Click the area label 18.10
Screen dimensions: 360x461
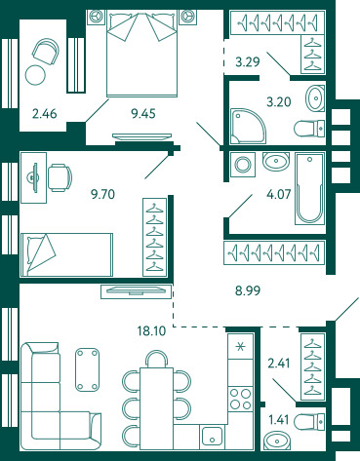click(151, 331)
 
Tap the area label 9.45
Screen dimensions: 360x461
click(143, 114)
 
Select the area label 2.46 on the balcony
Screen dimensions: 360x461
click(45, 114)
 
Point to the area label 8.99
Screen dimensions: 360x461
click(248, 290)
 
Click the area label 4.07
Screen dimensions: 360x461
click(278, 194)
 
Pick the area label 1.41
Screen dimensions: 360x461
click(279, 419)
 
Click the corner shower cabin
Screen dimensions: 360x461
click(248, 127)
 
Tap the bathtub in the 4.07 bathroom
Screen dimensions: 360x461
click(310, 188)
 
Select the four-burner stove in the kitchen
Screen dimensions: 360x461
click(241, 400)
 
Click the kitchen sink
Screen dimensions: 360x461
click(212, 437)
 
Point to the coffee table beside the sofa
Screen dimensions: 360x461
click(87, 369)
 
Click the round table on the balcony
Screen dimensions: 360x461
click(35, 75)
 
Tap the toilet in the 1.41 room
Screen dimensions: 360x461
click(309, 421)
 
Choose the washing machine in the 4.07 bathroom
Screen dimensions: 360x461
click(243, 165)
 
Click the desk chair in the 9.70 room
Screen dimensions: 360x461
click(60, 177)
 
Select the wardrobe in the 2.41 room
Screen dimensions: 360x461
click(312, 366)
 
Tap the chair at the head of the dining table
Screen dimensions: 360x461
click(156, 359)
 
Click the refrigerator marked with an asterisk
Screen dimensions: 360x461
click(241, 346)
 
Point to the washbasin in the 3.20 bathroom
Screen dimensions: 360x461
click(315, 97)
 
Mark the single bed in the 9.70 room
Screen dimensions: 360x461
click(66, 254)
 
